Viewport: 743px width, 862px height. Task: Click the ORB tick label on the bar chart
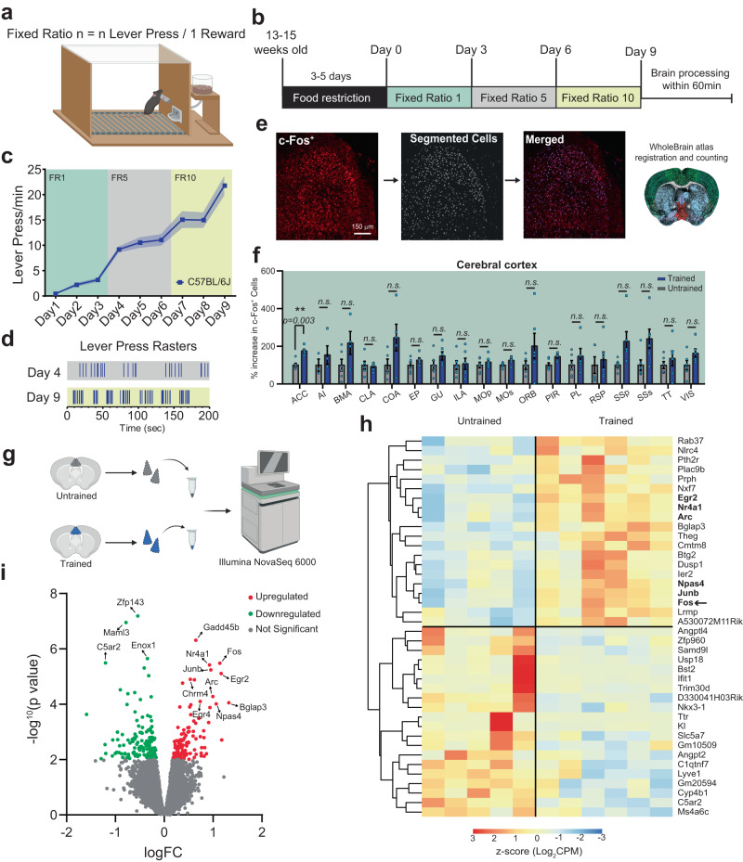532,393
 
